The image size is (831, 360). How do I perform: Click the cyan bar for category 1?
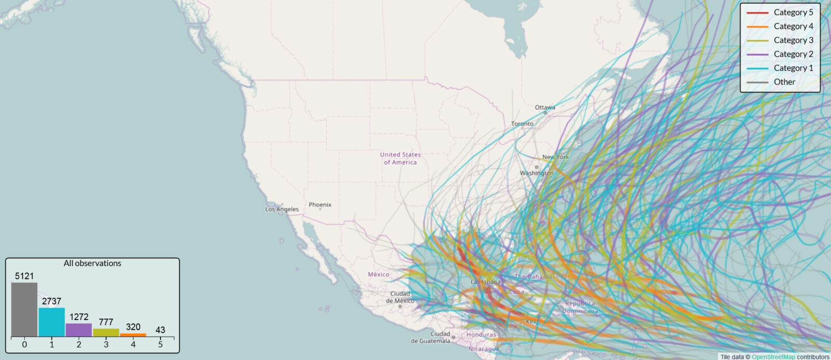51,322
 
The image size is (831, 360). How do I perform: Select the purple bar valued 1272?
78,330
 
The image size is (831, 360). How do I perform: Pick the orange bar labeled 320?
133,335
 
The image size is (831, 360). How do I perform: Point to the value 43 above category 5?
160,330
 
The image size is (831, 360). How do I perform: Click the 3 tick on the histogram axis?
106,344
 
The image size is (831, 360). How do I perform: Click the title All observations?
92,263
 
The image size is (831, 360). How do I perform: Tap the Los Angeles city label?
282,209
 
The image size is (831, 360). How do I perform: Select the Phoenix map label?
320,205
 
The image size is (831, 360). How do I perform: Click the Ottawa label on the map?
545,108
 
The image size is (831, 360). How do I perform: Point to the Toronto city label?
522,124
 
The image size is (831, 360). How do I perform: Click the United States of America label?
400,158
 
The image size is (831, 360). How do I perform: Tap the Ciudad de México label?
400,297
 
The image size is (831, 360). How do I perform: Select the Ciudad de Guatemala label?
431,338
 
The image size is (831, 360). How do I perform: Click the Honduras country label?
481,335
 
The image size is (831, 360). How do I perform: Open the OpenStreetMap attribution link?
773,357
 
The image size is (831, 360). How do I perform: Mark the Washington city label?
537,173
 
